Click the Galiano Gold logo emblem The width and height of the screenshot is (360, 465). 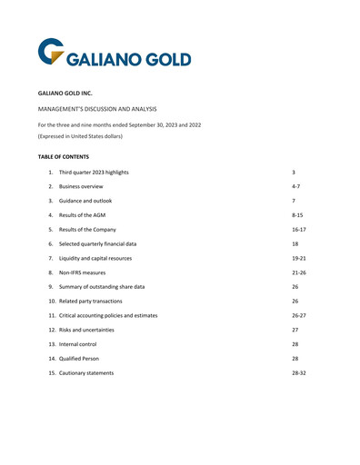53,52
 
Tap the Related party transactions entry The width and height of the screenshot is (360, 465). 102,301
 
